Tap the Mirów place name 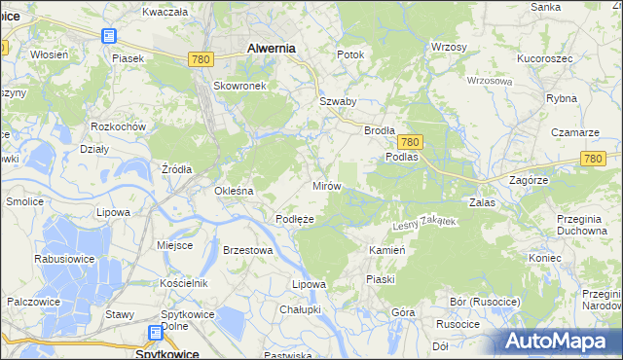(x=326, y=185)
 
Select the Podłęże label (x=294, y=220)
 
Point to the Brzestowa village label (x=247, y=250)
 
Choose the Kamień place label (x=386, y=250)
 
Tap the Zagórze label (x=531, y=180)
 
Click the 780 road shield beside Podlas (x=409, y=142)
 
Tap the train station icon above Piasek (x=108, y=37)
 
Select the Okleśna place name (x=234, y=191)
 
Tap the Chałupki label (x=300, y=309)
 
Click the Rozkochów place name (x=118, y=127)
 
